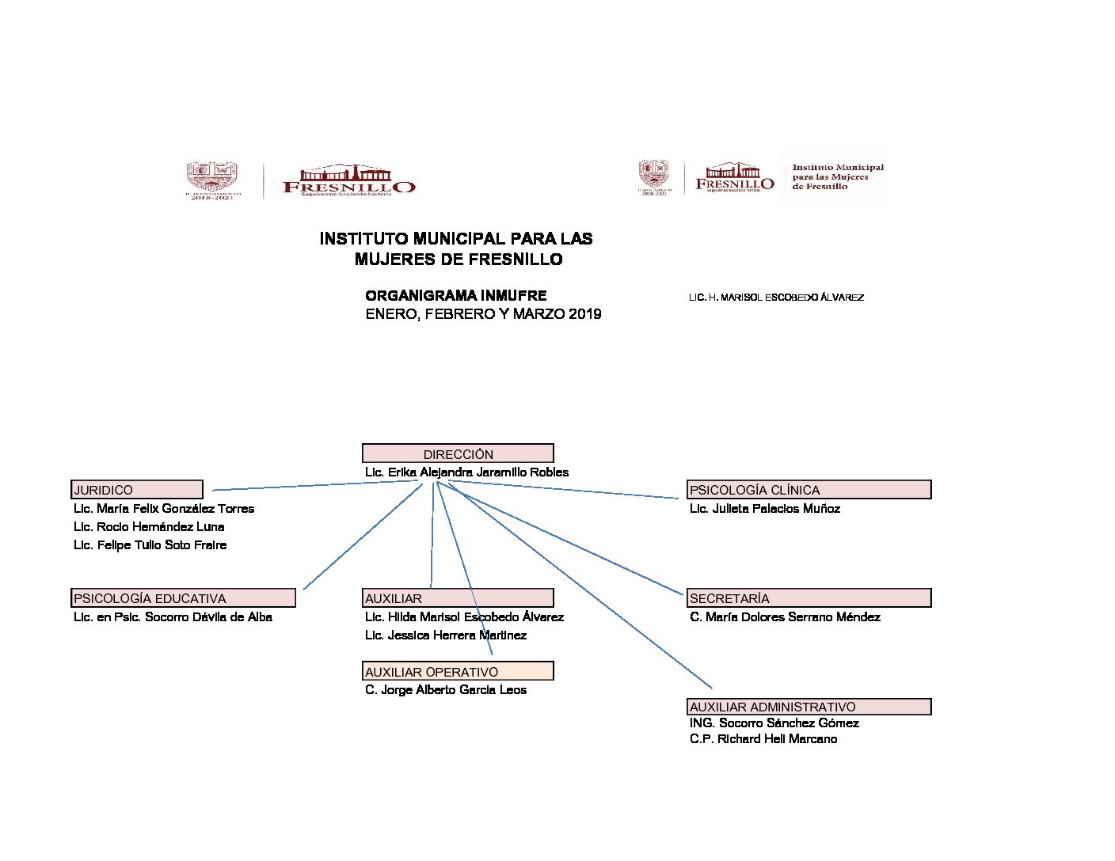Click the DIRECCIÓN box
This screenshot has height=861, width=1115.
(458, 453)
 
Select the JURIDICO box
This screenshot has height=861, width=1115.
(137, 490)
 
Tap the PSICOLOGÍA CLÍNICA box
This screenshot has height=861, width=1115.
(809, 490)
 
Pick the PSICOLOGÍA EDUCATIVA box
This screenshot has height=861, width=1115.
(184, 598)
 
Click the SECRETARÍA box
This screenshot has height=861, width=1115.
(809, 598)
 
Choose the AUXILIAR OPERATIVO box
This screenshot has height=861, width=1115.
(458, 672)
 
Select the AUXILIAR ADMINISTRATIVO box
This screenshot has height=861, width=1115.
(809, 707)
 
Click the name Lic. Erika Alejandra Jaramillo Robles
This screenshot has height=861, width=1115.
(466, 472)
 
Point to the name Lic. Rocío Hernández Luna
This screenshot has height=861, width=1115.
(149, 527)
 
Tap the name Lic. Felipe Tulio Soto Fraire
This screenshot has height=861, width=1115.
(150, 545)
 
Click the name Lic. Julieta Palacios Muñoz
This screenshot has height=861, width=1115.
(764, 509)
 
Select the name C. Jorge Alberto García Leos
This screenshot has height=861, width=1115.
(446, 690)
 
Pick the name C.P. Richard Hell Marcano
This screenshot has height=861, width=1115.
(763, 739)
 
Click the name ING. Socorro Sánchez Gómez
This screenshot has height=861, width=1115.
(774, 723)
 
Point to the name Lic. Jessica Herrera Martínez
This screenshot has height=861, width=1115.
(446, 635)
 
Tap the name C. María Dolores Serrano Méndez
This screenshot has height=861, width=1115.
(785, 617)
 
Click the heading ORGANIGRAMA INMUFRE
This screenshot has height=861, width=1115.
(455, 296)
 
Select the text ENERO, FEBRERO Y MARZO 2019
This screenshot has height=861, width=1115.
(483, 314)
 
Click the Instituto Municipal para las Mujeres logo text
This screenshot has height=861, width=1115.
(837, 177)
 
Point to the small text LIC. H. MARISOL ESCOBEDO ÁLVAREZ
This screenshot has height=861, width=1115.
(776, 298)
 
